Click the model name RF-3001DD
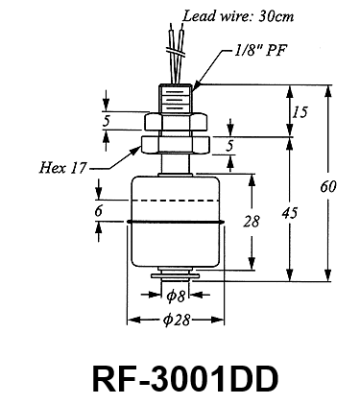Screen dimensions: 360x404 (x=185, y=379)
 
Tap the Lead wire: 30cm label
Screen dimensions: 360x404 (x=237, y=15)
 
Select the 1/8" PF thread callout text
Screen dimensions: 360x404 (x=259, y=50)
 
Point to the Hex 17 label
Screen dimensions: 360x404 (x=62, y=167)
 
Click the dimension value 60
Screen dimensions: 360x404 (x=328, y=186)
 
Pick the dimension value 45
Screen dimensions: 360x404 (x=290, y=213)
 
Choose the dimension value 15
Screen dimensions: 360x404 (x=300, y=112)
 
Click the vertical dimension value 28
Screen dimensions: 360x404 (x=252, y=222)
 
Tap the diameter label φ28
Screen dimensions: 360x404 (x=177, y=320)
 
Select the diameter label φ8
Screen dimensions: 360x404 (x=176, y=297)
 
